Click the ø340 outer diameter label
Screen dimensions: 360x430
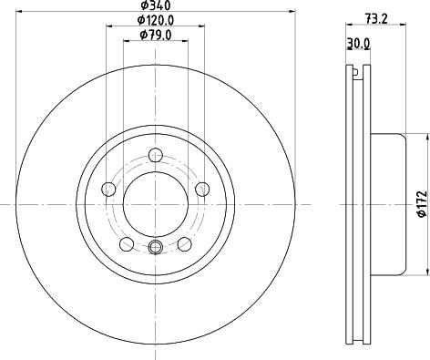pyautogui.click(x=155, y=6)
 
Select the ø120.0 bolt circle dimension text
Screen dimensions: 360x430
pyautogui.click(x=155, y=20)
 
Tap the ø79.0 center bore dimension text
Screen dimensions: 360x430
pyautogui.click(x=155, y=35)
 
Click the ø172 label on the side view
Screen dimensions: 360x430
pyautogui.click(x=421, y=204)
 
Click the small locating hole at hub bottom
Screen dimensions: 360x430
pyautogui.click(x=155, y=249)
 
